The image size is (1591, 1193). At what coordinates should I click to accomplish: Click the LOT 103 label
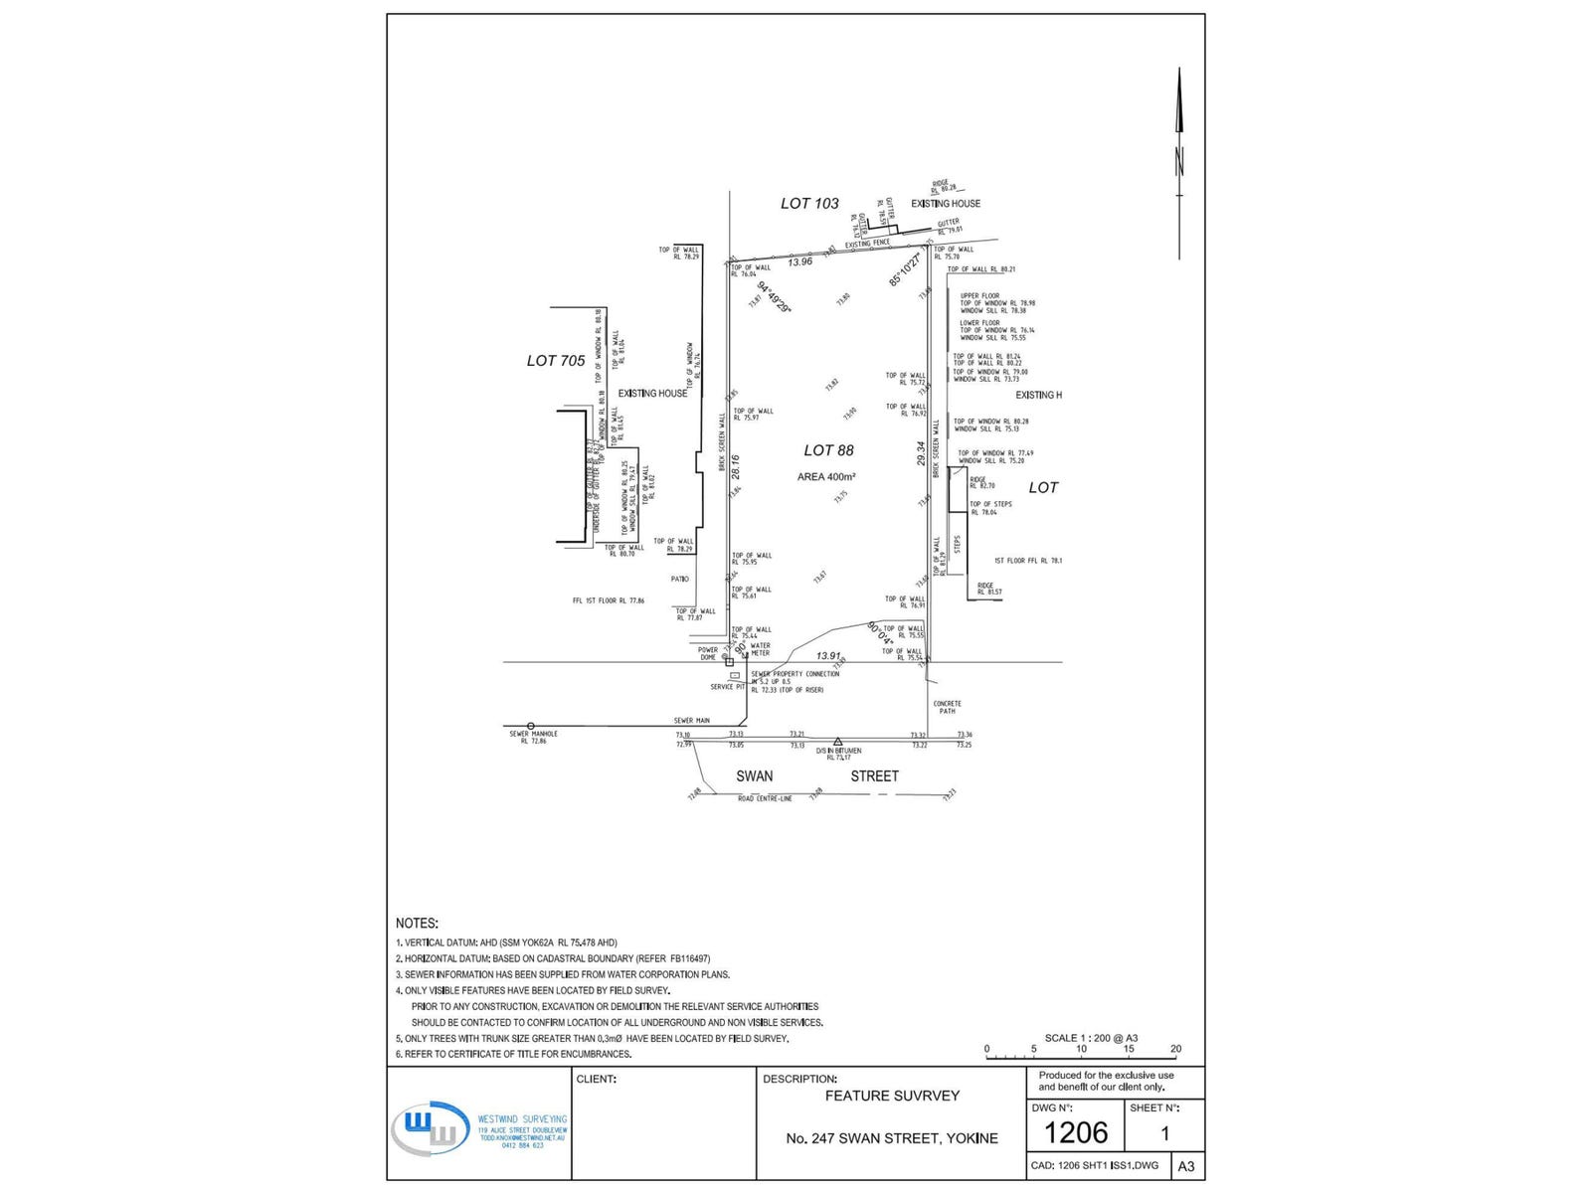pos(809,204)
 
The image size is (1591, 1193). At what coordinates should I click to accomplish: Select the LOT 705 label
pos(556,361)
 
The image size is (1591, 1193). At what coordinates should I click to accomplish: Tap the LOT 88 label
pos(828,450)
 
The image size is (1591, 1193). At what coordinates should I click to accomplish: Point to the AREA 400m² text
pos(826,477)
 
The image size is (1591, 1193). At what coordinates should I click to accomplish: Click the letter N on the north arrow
pos(1179,161)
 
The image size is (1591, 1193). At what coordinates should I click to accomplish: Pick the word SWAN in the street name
pos(754,776)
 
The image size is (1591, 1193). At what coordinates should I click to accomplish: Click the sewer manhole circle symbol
pos(531,727)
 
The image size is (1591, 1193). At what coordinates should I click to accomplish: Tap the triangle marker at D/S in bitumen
pos(838,742)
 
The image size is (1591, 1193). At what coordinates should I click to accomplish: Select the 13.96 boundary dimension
pos(800,261)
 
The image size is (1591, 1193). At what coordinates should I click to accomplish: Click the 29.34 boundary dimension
pos(922,454)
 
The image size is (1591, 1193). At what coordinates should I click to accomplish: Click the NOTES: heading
pos(417,924)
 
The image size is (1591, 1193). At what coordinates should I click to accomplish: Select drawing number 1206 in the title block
pos(1076,1132)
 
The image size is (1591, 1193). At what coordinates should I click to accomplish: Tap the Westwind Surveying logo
pos(430,1128)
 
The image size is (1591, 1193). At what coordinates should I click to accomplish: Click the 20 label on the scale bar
pos(1176,1049)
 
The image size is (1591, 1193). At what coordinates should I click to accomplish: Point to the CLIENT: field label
pos(597,1079)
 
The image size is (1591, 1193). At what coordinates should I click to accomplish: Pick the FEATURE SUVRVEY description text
pos(892,1096)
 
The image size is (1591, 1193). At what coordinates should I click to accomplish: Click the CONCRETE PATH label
pos(947,707)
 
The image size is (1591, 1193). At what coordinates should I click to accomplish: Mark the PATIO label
pos(679,579)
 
